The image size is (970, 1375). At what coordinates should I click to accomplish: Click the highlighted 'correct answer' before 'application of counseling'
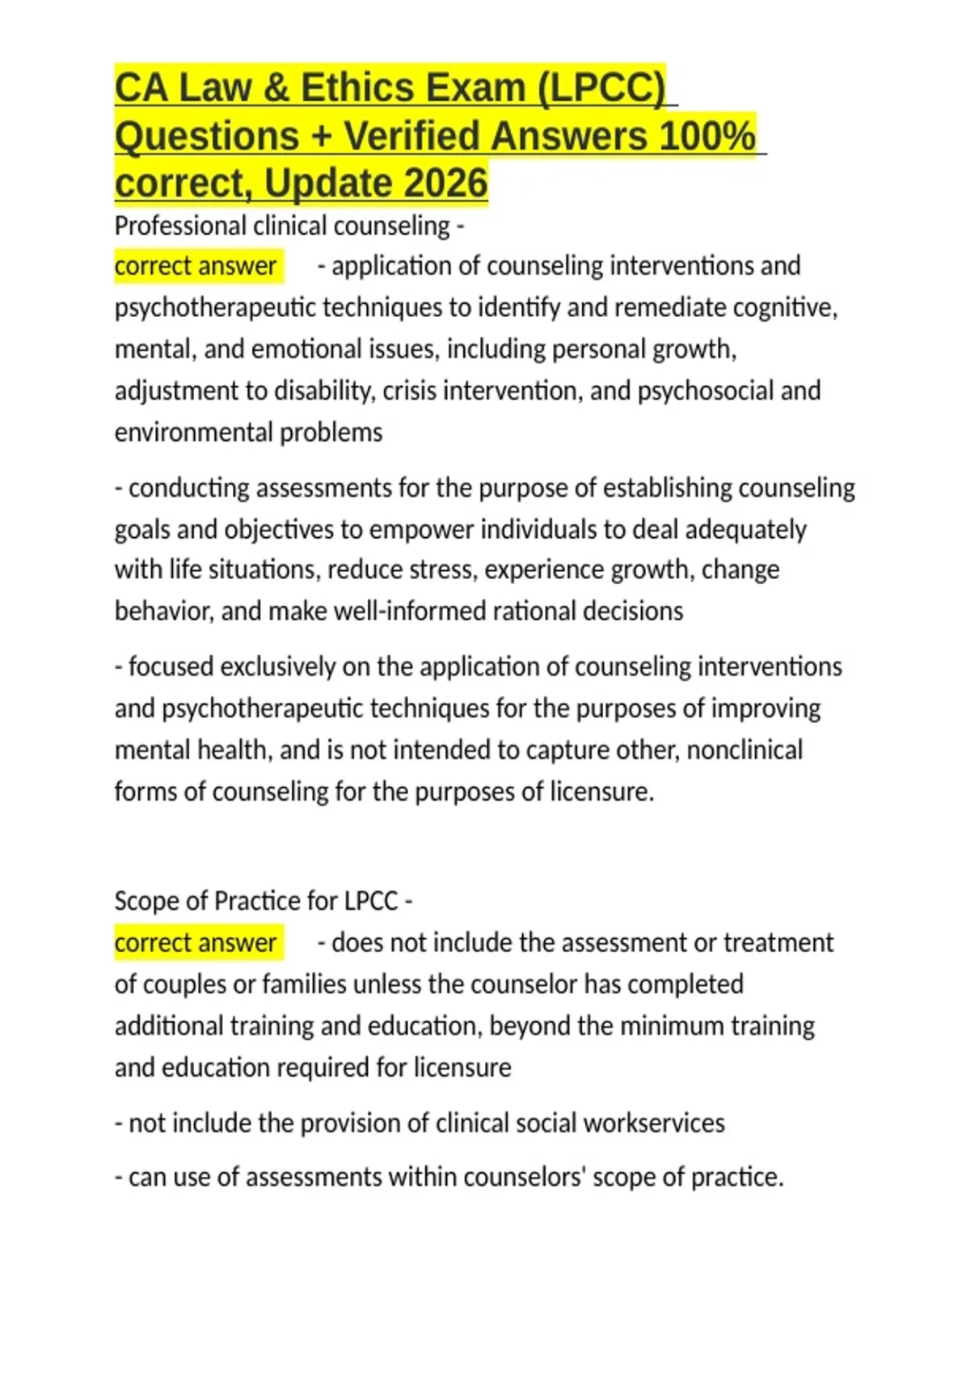point(196,266)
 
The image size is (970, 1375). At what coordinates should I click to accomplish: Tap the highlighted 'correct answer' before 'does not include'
point(196,943)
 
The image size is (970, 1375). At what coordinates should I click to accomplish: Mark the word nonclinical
point(744,751)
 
